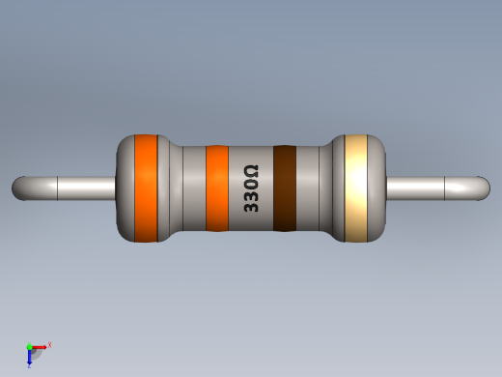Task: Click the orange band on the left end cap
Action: tap(146, 188)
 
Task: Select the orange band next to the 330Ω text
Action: tap(217, 188)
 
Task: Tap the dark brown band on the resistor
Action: tap(284, 188)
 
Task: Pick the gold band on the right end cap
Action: tap(357, 188)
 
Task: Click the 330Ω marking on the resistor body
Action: tap(250, 188)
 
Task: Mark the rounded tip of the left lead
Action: tap(19, 188)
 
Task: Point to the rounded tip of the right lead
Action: tap(482, 188)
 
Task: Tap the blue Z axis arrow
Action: tap(30, 357)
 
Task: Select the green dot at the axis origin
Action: tap(30, 346)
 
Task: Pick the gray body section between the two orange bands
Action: tap(183, 188)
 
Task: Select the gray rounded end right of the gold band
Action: tap(377, 188)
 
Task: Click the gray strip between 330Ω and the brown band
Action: tap(266, 188)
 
